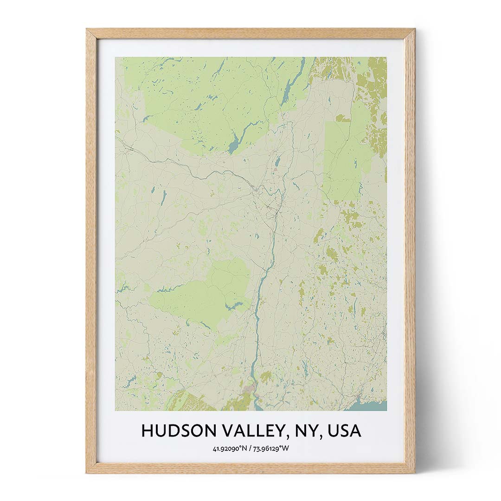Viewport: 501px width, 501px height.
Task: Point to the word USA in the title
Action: tap(344, 431)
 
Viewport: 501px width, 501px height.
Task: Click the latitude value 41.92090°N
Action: tap(230, 449)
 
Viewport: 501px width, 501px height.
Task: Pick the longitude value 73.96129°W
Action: tap(271, 449)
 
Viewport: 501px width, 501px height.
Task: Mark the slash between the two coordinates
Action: tap(250, 449)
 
